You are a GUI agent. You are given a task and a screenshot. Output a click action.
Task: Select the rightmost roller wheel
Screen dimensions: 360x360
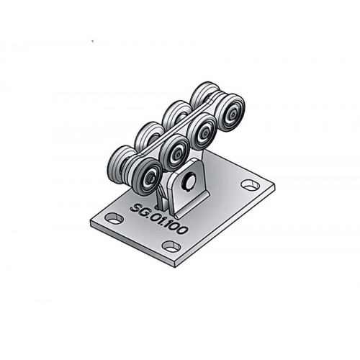click(x=230, y=112)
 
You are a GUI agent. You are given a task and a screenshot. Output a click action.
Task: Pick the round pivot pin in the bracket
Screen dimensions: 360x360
click(x=189, y=181)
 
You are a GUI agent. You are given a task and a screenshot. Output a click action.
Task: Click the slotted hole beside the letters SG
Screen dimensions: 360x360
click(x=114, y=218)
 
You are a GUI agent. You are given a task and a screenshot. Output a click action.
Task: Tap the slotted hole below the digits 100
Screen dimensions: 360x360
click(x=171, y=246)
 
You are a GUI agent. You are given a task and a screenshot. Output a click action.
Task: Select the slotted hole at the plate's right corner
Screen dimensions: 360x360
click(x=251, y=184)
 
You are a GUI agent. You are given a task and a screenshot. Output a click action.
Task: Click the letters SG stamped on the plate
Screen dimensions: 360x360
click(x=140, y=210)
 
